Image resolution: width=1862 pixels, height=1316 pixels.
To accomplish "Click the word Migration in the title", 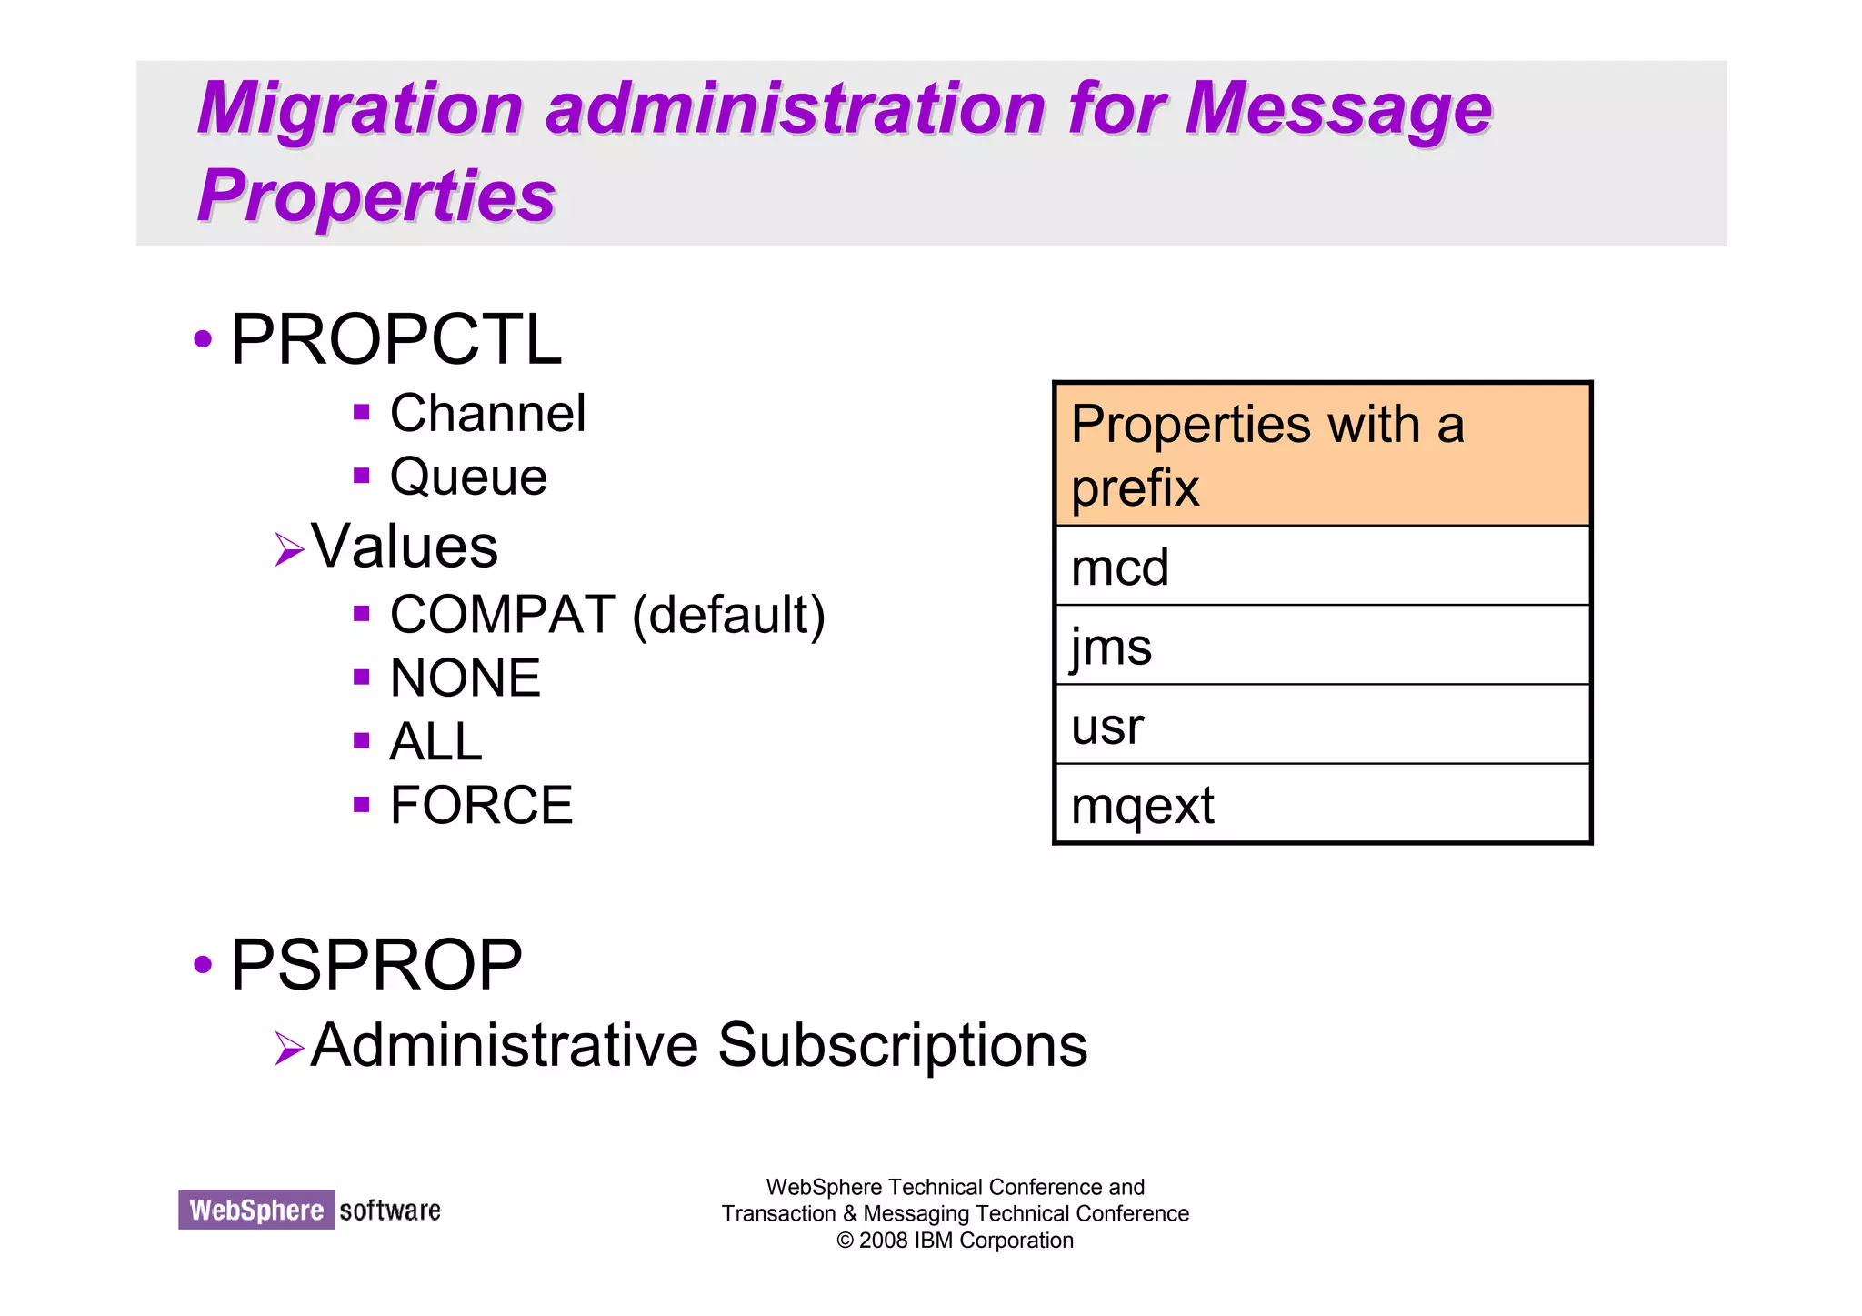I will coord(360,109).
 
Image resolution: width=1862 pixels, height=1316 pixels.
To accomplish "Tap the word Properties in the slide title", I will coord(376,196).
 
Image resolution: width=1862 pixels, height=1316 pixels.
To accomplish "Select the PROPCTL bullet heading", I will coord(395,339).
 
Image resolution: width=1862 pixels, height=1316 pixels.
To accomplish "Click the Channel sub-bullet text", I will coord(487,414).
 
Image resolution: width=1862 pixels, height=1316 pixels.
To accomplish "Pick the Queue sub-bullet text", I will coord(468,477).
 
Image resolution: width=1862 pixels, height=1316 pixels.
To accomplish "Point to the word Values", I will coord(405,547).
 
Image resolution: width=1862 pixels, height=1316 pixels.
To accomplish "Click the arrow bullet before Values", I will coord(288,549).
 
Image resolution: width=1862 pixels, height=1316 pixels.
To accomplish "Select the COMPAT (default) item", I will coord(607,615).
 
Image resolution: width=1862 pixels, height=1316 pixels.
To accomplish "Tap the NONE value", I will coord(465,678).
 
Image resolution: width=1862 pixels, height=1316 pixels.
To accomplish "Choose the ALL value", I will coord(435,741).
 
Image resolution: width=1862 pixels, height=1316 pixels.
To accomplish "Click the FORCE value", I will coord(481,805).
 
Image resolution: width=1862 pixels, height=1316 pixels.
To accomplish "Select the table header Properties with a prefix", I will coord(1321,455).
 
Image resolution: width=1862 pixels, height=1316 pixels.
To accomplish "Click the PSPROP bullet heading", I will coord(376,965).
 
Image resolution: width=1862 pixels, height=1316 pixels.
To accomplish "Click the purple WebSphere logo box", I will coord(256,1211).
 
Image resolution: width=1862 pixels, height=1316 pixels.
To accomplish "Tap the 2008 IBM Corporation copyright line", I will coord(955,1241).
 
